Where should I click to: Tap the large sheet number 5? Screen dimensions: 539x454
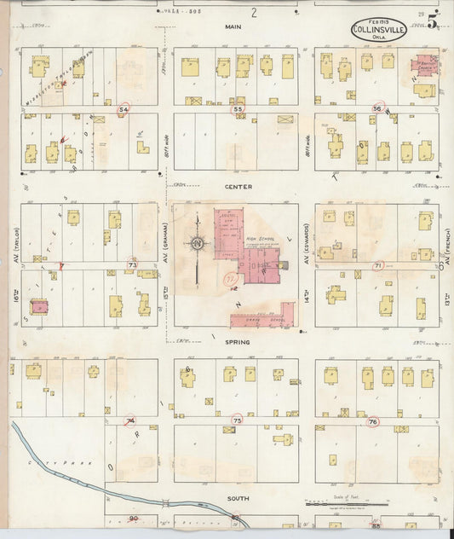click(x=434, y=23)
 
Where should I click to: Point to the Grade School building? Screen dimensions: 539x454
click(x=264, y=319)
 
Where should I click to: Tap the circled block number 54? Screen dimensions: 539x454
click(x=124, y=110)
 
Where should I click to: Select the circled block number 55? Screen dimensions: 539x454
click(x=238, y=110)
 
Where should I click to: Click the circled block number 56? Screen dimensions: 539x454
click(x=377, y=109)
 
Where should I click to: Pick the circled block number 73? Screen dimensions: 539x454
click(x=131, y=266)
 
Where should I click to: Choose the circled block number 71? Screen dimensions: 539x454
click(x=378, y=266)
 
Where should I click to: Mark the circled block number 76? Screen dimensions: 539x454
click(x=372, y=422)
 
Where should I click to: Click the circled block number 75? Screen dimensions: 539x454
click(x=238, y=420)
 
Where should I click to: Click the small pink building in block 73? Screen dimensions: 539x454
click(x=39, y=305)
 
